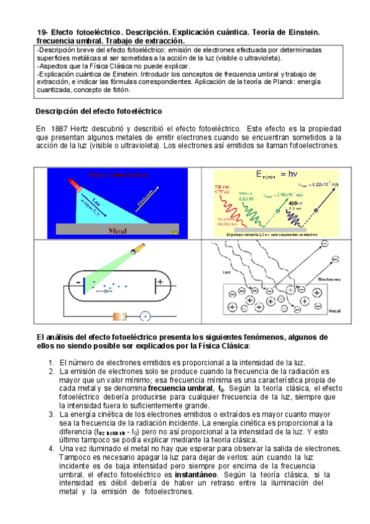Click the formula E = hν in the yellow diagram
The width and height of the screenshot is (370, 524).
(x=276, y=175)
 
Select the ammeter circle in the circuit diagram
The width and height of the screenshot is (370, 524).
(x=145, y=316)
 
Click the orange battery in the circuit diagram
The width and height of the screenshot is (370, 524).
(x=120, y=316)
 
